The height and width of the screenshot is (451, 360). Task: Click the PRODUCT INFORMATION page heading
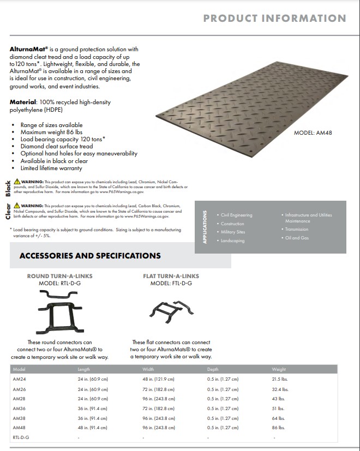pyautogui.click(x=274, y=18)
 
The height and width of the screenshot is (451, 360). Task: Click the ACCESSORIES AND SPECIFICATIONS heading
pyautogui.click(x=90, y=255)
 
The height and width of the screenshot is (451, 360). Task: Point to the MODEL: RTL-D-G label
pyautogui.click(x=60, y=284)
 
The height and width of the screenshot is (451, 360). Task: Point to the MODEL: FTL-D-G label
pyautogui.click(x=171, y=284)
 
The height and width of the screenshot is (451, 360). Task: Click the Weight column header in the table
pyautogui.click(x=279, y=369)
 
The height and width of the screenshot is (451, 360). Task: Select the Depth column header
pyautogui.click(x=213, y=369)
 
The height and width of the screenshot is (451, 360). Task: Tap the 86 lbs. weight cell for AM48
pyautogui.click(x=278, y=428)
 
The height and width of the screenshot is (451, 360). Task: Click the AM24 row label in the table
pyautogui.click(x=19, y=379)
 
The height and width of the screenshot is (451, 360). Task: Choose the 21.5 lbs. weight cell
pyautogui.click(x=280, y=379)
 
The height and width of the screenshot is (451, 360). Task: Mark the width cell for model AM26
pyautogui.click(x=158, y=389)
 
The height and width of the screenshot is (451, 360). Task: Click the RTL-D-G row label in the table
pyautogui.click(x=21, y=437)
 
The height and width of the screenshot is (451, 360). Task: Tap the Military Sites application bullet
pyautogui.click(x=233, y=232)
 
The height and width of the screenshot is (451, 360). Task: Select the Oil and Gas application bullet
pyautogui.click(x=297, y=238)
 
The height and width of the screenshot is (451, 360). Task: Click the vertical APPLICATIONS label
pyautogui.click(x=205, y=226)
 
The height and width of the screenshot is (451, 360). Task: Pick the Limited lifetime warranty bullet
pyautogui.click(x=51, y=169)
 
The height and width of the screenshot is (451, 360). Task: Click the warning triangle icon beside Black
pyautogui.click(x=17, y=181)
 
